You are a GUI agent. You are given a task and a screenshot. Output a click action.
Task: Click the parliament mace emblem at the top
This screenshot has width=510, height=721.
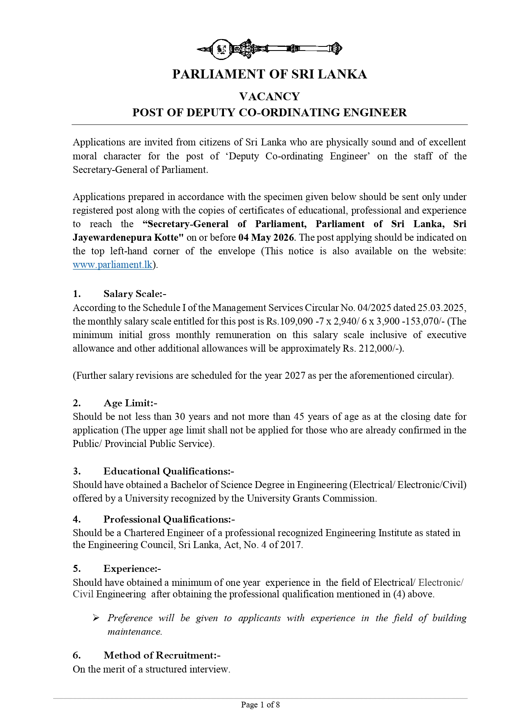pos(269,49)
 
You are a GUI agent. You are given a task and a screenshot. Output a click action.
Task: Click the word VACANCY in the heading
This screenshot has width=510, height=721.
pos(269,97)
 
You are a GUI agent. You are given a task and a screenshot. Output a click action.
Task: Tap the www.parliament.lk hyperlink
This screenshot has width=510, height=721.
pos(113,265)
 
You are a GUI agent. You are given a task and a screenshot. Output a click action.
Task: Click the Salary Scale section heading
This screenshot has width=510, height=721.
pos(134,294)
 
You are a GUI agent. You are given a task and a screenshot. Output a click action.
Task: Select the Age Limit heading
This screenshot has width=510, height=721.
pos(130,403)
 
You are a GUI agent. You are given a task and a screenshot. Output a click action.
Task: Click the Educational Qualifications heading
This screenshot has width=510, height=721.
pos(168,471)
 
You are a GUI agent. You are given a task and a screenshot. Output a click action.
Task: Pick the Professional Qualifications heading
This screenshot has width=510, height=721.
pos(169,519)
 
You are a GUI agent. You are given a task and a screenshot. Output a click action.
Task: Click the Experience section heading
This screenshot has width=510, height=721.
pos(132,569)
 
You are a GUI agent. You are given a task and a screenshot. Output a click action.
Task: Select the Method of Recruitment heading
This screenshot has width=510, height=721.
pos(162,655)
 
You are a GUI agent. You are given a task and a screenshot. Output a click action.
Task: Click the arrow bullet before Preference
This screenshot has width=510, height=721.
pos(96,618)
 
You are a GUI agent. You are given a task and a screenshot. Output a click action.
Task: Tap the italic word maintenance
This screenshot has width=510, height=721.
pos(134,632)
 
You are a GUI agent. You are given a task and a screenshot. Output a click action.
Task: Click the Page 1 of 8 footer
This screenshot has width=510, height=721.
pos(260,705)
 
